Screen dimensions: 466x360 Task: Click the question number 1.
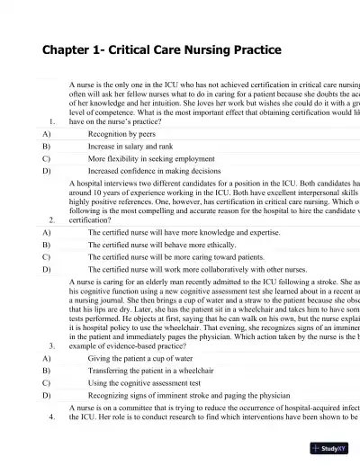tap(53, 120)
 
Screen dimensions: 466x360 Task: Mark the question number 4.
tap(53, 444)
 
